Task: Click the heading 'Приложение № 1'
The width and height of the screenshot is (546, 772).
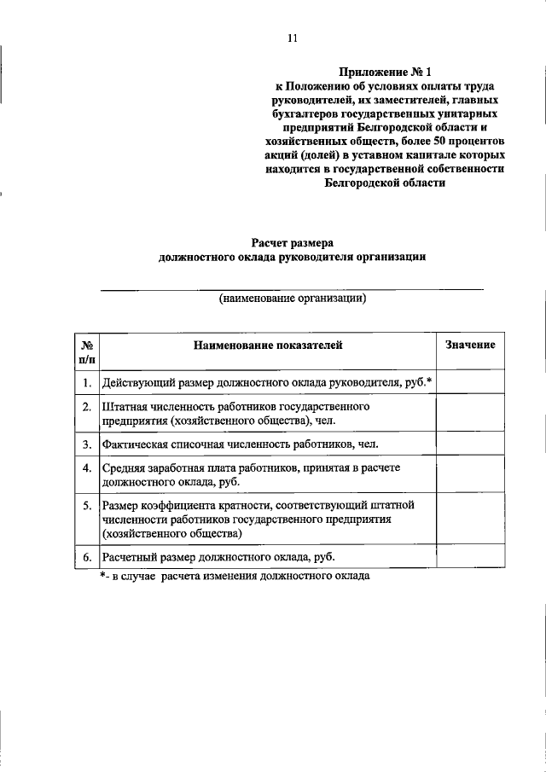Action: point(385,73)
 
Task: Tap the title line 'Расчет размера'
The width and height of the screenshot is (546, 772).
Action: point(291,241)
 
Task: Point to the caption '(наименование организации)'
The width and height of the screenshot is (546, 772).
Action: point(293,299)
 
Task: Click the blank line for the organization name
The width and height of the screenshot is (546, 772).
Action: point(293,289)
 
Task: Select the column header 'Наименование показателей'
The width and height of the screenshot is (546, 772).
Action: point(268,345)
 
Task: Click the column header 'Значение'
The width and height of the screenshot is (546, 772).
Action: point(470,345)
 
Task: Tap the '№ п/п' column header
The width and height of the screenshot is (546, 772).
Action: point(86,353)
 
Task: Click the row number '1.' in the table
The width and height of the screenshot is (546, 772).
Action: point(87,382)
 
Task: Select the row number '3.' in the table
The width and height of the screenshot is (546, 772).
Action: point(87,444)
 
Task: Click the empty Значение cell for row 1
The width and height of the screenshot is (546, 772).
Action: point(470,382)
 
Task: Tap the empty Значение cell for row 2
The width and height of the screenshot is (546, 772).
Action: point(470,414)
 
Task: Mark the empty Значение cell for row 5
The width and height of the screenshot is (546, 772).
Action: point(470,520)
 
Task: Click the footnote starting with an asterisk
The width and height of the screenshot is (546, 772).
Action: point(235,576)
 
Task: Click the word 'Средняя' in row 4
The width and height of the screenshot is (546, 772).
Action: point(123,468)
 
